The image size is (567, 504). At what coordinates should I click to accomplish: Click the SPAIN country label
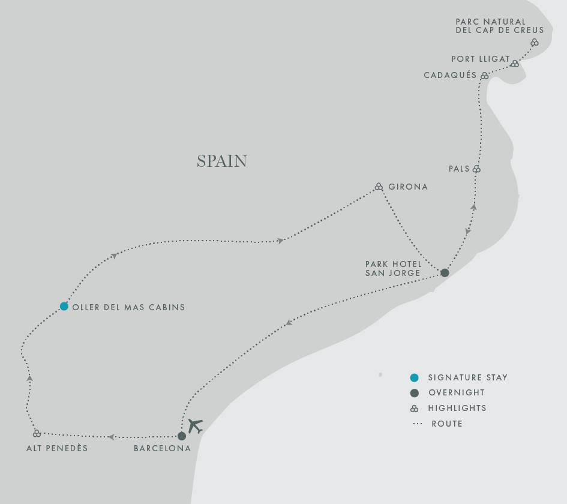pos(222,161)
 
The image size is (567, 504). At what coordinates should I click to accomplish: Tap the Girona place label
pos(408,187)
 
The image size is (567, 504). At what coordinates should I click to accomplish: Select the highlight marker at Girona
pos(379,187)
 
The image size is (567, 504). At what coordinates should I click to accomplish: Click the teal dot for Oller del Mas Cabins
pos(64,307)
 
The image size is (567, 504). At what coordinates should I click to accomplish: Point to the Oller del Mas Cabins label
pos(128,307)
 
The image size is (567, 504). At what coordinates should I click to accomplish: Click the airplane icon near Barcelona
pos(195,426)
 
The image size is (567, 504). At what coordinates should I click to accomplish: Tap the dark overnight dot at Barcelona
pos(182,436)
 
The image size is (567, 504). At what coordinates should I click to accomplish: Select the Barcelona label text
pos(162,448)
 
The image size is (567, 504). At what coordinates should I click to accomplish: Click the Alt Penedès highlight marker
pos(37,433)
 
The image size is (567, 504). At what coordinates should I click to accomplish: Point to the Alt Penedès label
pos(57,448)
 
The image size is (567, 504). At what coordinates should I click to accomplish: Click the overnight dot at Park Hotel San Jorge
pos(445,273)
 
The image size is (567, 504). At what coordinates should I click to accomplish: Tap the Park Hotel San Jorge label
pos(393,268)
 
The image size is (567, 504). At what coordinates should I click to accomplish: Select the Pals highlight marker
pos(476,169)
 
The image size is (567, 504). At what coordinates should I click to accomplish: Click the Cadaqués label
pos(450,76)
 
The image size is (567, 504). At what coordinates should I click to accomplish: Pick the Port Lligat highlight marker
pos(515,63)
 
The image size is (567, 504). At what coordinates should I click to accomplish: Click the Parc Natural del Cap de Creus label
pos(499,26)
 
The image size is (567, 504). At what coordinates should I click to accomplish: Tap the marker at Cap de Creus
pos(534,43)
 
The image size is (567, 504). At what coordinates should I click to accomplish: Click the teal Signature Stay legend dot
pos(414,378)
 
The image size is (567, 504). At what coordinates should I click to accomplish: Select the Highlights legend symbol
pos(414,409)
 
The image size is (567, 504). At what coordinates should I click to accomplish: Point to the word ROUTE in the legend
pos(447,424)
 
